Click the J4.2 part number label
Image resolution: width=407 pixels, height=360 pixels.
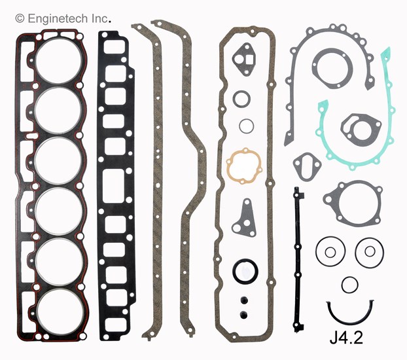tap(346, 337)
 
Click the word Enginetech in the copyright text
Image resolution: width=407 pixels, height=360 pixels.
tap(58, 19)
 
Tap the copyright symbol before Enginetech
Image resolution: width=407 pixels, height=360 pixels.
tap(20, 19)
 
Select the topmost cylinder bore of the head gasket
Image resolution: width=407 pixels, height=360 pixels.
tap(59, 60)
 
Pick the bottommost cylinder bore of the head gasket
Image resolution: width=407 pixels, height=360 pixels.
tap(60, 312)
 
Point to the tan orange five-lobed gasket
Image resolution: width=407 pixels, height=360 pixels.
tap(243, 166)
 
